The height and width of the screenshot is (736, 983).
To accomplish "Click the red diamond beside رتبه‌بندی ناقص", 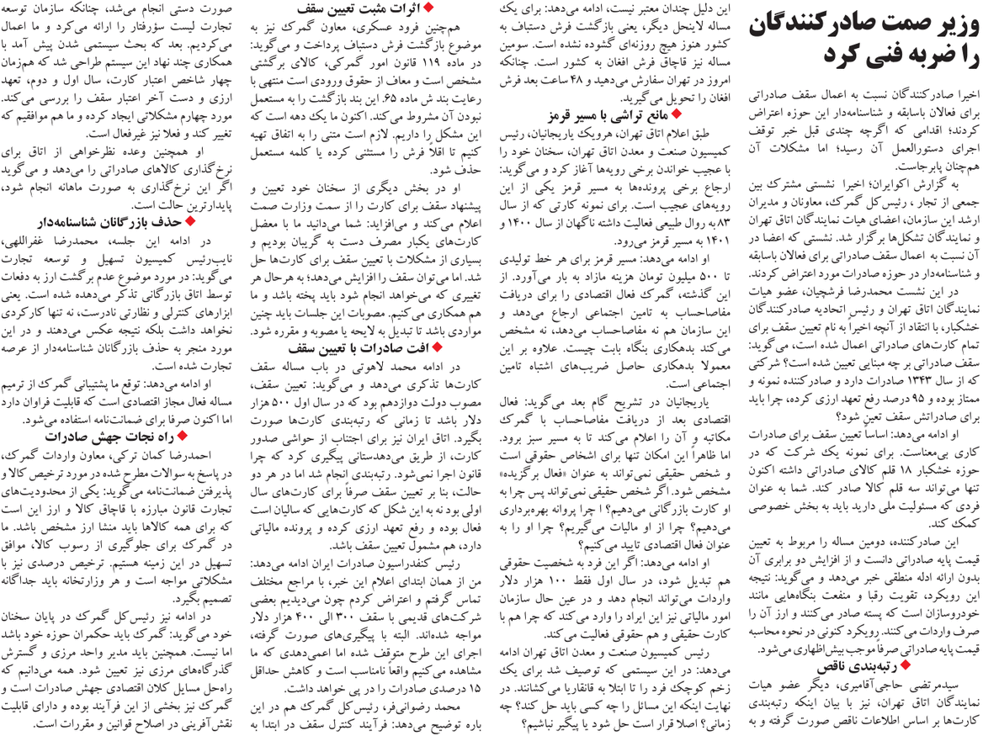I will click(x=972, y=665).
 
